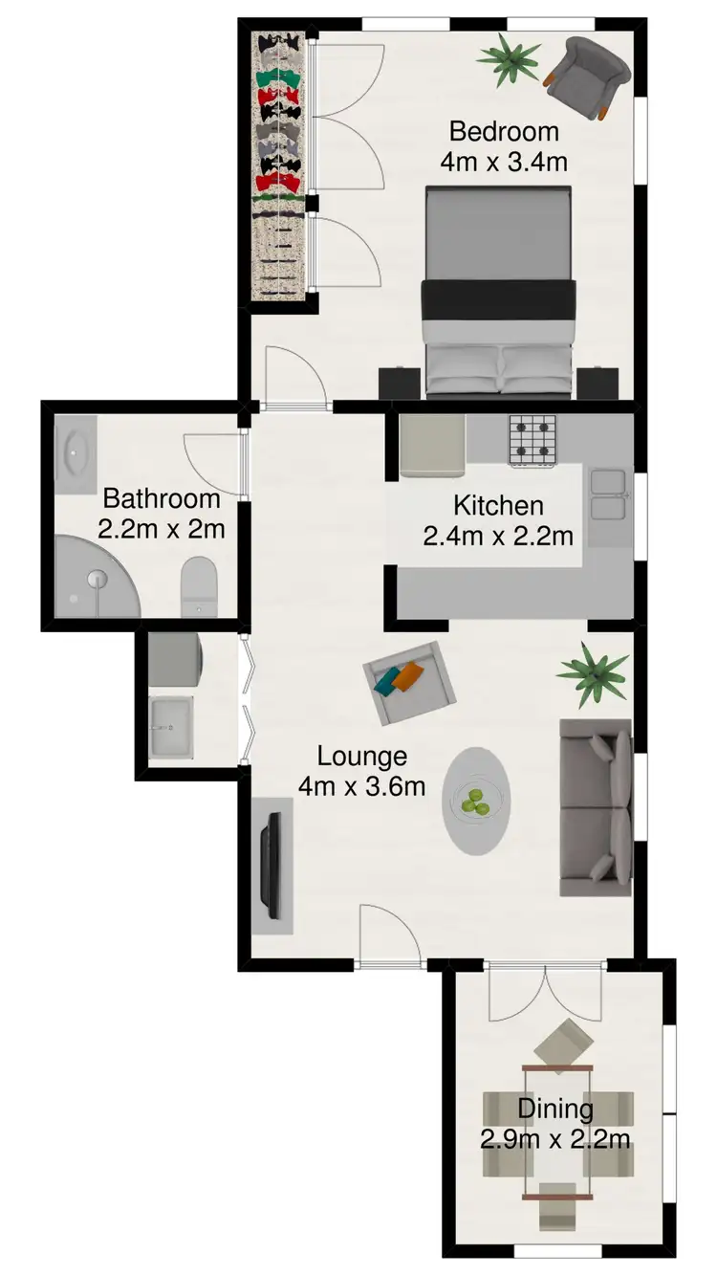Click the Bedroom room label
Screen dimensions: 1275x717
point(504,131)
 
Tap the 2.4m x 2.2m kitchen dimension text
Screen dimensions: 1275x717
point(498,536)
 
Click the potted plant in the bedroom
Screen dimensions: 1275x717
point(508,59)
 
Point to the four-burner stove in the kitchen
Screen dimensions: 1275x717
point(532,439)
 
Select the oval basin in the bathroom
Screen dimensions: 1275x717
point(75,454)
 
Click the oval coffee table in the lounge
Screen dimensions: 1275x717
point(476,801)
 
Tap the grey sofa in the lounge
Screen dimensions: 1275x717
point(596,807)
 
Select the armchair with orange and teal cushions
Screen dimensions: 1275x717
point(409,681)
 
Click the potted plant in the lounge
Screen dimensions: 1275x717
point(594,674)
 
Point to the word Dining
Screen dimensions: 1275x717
point(555,1110)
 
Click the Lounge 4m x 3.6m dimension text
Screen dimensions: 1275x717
point(362,786)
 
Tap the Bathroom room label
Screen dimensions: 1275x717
point(162,498)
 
